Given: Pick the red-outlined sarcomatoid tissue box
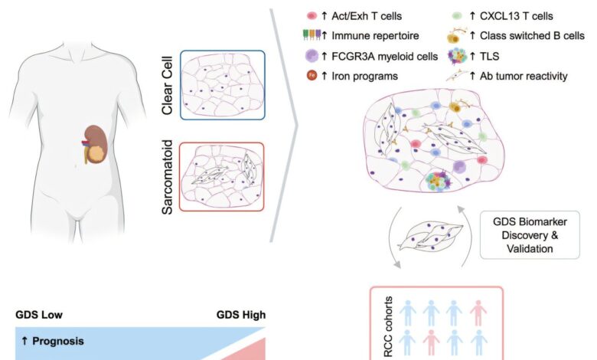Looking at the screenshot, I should click(222, 176).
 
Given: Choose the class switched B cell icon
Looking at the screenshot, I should click(457, 35).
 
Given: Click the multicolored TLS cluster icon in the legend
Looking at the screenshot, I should click(457, 56).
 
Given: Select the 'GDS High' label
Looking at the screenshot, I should click(240, 314).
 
